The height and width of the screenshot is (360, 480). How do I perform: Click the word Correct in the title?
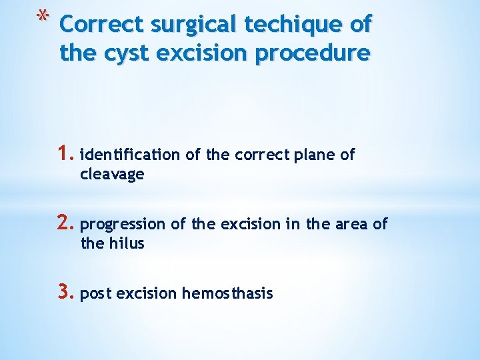click(x=102, y=25)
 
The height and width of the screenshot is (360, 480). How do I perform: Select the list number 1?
click(x=67, y=155)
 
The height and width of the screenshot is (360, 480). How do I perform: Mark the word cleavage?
click(x=112, y=174)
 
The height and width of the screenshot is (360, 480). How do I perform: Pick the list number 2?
click(x=67, y=224)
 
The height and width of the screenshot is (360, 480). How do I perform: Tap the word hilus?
click(x=125, y=243)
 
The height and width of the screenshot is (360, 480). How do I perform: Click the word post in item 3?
click(x=95, y=294)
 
